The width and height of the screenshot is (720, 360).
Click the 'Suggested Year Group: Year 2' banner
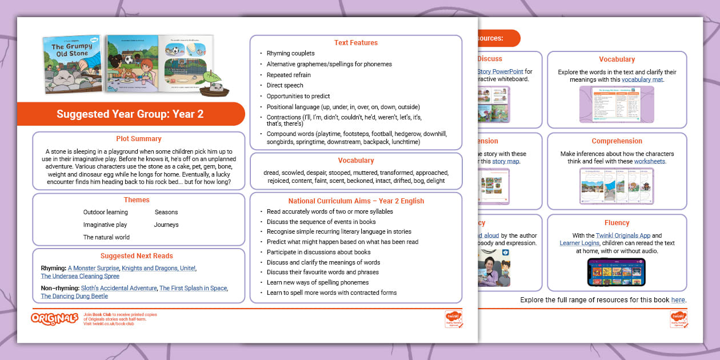click(130, 114)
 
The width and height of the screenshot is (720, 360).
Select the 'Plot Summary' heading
click(138, 139)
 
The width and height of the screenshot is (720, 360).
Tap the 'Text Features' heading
click(355, 43)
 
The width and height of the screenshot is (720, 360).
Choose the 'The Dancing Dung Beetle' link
click(74, 296)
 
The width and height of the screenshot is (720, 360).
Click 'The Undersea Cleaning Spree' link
click(80, 276)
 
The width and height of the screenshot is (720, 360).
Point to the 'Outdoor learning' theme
click(106, 212)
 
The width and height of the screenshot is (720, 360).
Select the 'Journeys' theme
click(166, 225)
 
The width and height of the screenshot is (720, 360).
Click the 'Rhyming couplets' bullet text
click(290, 54)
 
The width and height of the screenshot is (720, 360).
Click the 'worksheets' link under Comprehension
click(650, 162)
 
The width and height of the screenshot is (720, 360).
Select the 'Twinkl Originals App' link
click(613, 235)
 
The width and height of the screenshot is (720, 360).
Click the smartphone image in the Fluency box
click(617, 272)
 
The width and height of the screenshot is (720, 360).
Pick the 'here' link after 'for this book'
click(678, 300)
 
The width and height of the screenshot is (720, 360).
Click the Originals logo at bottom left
click(55, 319)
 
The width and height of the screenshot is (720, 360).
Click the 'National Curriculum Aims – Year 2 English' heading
click(355, 201)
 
